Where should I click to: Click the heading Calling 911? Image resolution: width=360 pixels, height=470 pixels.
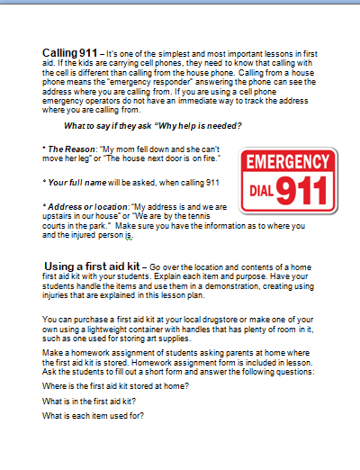click(x=72, y=53)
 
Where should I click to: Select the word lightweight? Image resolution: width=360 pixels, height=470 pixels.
click(x=118, y=329)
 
